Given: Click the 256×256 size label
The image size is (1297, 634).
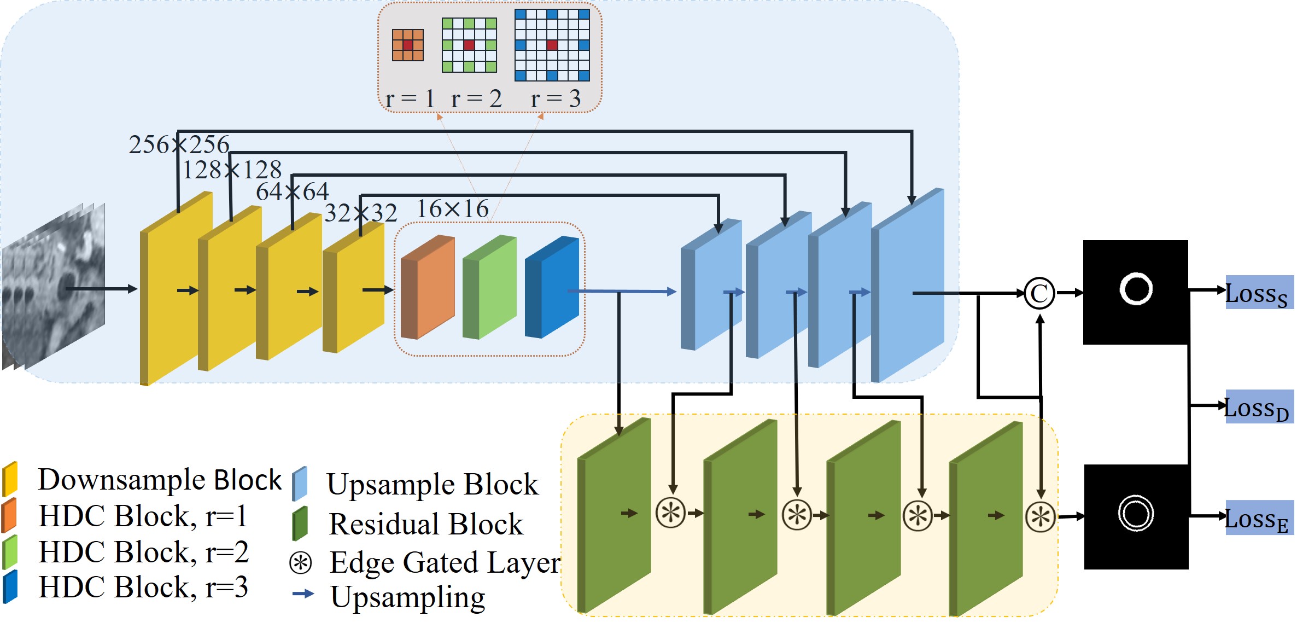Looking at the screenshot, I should click(x=179, y=145).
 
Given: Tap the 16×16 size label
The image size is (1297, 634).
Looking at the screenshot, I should click(x=453, y=209).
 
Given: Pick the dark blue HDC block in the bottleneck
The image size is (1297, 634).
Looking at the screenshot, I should click(x=552, y=287).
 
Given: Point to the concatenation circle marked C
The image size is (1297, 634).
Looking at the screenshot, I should click(x=1039, y=293).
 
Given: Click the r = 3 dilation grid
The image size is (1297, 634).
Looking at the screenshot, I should click(x=552, y=45).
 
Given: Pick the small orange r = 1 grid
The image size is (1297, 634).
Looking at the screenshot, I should click(x=408, y=45).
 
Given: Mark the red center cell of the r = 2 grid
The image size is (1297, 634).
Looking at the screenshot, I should click(x=469, y=45).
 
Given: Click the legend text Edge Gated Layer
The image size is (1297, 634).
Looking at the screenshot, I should click(x=445, y=562).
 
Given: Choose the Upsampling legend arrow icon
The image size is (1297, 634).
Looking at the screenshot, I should click(x=303, y=594).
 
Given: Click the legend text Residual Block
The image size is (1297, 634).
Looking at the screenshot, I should click(x=426, y=524).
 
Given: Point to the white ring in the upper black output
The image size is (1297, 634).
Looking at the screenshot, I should click(x=1136, y=289).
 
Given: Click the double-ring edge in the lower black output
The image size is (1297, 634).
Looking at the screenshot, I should click(x=1136, y=514).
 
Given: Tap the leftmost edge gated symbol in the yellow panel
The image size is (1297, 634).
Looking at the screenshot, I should click(x=670, y=513).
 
